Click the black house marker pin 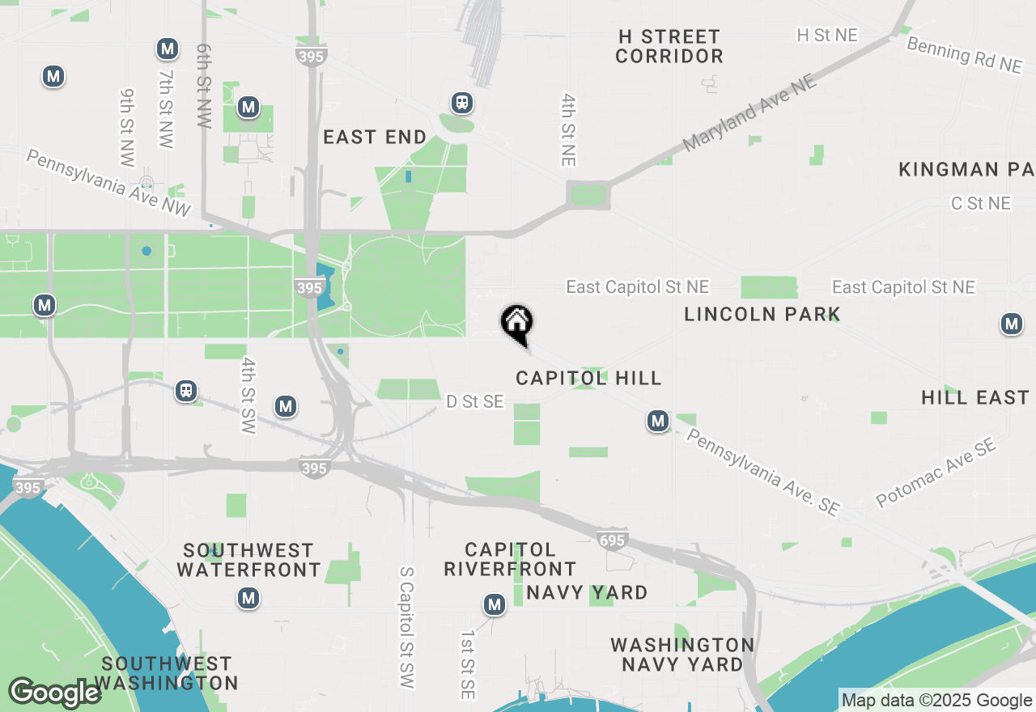point(516,323)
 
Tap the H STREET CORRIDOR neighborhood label point(669,46)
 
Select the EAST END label point(375,137)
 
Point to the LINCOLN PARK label point(762,314)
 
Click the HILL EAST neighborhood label point(974,397)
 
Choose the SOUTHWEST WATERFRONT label point(249,560)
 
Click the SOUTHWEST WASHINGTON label point(167,673)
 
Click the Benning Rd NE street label point(964,55)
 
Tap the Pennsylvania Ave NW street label point(108,182)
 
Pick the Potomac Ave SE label point(936,473)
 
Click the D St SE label point(475,401)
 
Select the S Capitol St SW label point(406,627)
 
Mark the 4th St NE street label point(569,129)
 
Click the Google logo point(55,693)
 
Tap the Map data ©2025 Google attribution point(936,701)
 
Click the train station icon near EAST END point(462,103)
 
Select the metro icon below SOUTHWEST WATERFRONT point(248,599)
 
